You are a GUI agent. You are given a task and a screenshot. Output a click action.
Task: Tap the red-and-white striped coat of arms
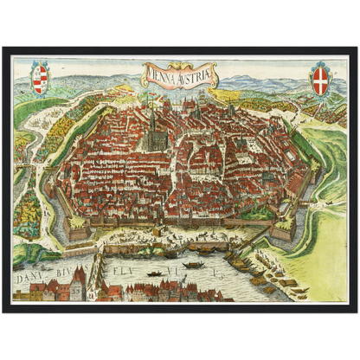(40, 78)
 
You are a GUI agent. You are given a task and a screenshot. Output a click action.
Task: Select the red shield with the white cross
(320, 78)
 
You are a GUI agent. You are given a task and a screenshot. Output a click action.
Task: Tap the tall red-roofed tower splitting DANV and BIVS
(77, 279)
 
